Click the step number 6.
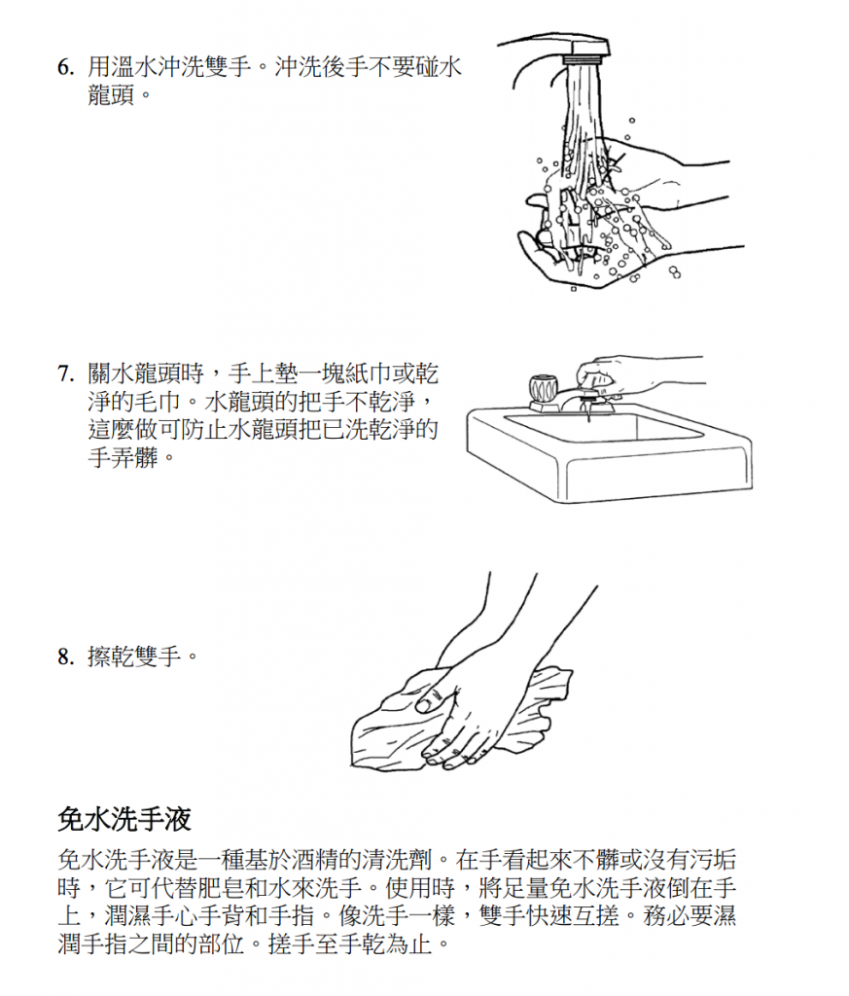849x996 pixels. point(64,68)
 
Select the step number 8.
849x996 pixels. point(64,658)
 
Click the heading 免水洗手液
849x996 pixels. point(124,819)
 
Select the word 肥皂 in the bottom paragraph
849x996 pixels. point(228,887)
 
